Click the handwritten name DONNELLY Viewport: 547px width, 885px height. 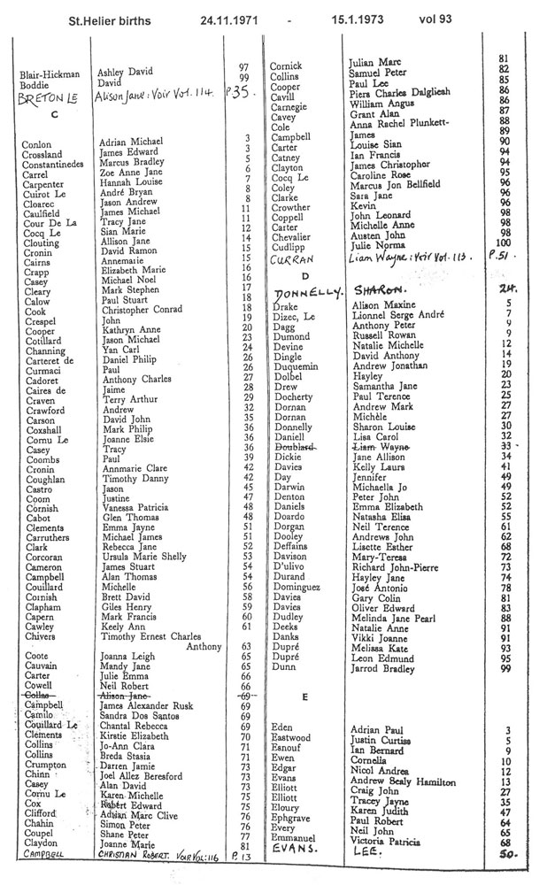click(x=304, y=291)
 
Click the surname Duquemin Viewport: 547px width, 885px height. click(x=296, y=365)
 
